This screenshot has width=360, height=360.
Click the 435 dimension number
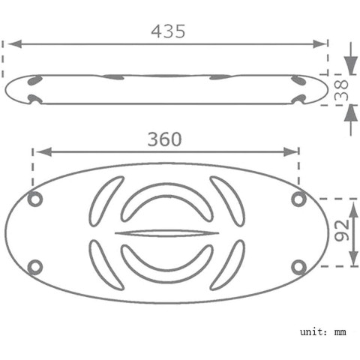(x=168, y=31)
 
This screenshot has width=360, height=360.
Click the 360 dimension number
(x=164, y=139)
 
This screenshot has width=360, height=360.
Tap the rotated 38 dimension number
(x=341, y=90)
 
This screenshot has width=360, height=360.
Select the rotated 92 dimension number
(x=342, y=230)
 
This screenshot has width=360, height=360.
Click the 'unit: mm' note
(x=323, y=332)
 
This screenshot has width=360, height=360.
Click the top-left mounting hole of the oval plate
(x=35, y=199)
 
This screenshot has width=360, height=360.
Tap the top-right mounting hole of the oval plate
(x=299, y=199)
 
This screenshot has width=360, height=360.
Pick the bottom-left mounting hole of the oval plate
(x=35, y=267)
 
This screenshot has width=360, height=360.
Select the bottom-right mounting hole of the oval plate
(x=299, y=267)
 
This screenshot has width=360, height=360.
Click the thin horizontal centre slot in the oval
(x=166, y=233)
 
